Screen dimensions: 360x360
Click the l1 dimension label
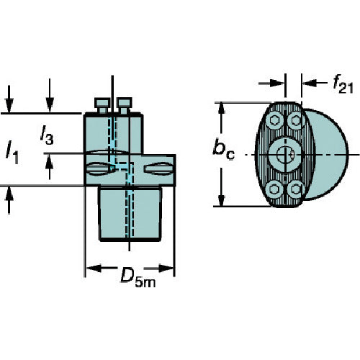(12, 153)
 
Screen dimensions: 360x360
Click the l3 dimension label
(47, 135)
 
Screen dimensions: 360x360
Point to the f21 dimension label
(343, 84)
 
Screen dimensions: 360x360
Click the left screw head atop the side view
(102, 105)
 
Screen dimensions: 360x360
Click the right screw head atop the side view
(125, 105)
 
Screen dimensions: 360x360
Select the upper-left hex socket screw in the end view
(274, 120)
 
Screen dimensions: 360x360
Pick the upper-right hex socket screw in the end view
(296, 120)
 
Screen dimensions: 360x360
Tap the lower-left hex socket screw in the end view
(274, 189)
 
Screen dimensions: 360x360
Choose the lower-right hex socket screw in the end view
(296, 189)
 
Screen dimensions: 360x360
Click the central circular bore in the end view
(285, 155)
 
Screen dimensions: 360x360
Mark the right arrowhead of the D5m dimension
(166, 269)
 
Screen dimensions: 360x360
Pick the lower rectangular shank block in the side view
(130, 213)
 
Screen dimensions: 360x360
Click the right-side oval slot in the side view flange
(158, 168)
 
